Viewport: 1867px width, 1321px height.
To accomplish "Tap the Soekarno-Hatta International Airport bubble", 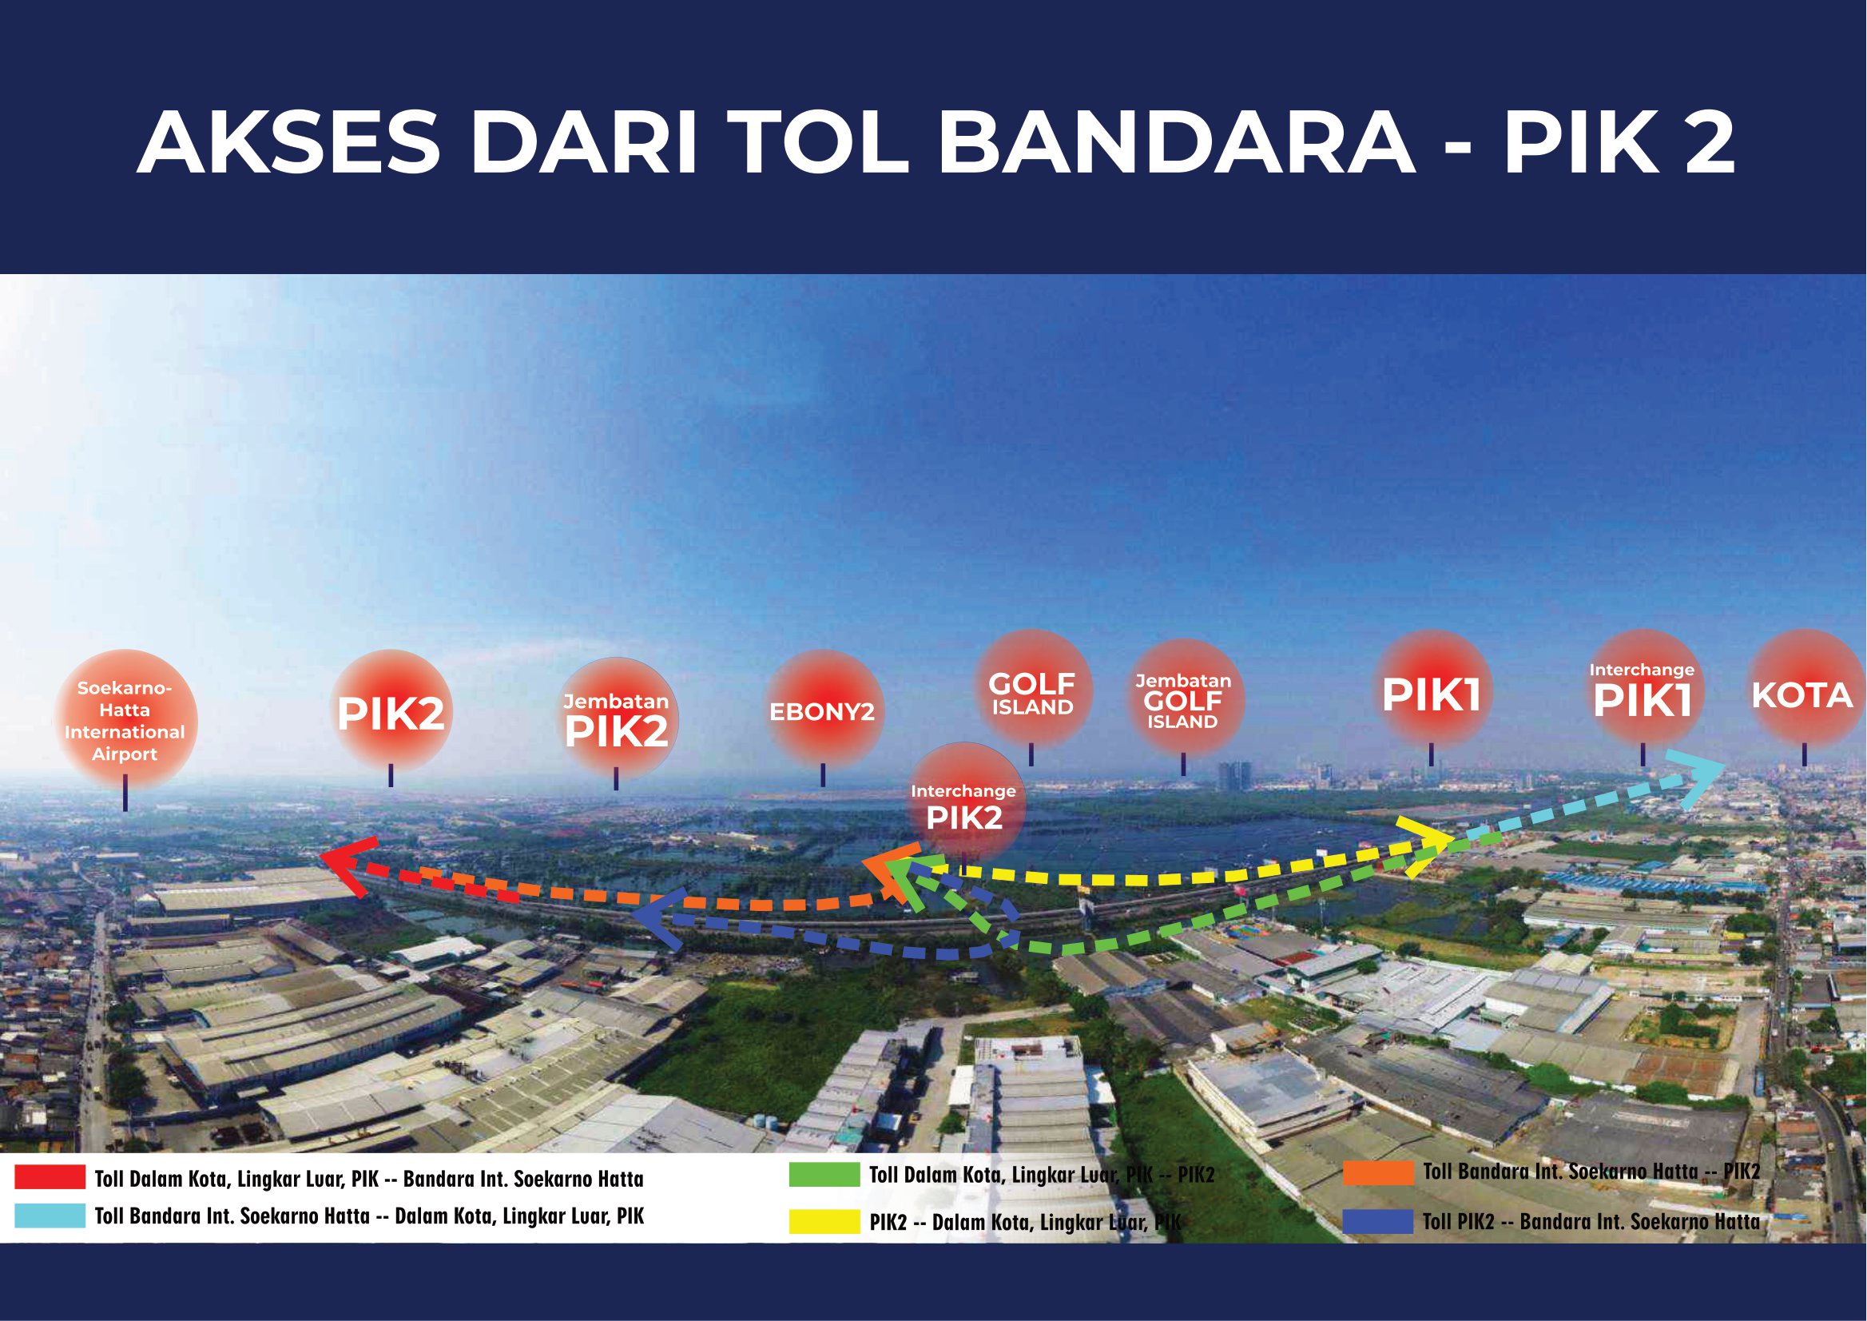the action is tap(125, 720).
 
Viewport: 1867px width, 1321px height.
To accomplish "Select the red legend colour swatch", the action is tap(50, 1176).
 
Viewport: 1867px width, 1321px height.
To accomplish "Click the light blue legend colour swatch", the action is tap(50, 1216).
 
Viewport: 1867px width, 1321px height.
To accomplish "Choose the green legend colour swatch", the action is tap(824, 1175).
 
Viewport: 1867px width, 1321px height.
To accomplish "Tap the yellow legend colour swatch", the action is tap(824, 1222).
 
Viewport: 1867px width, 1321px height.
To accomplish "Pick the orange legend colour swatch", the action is tap(1378, 1173).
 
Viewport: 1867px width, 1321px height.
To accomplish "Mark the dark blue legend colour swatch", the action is tap(1378, 1222).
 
